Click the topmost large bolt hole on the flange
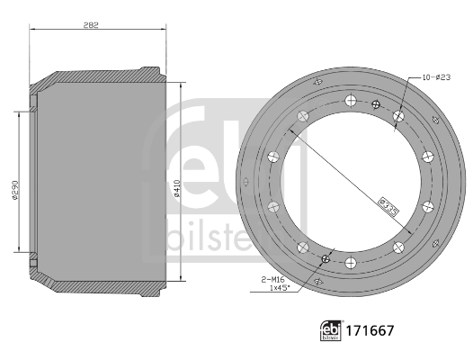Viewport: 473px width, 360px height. [349, 101]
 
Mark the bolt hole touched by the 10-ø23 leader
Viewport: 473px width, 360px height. [397, 115]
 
